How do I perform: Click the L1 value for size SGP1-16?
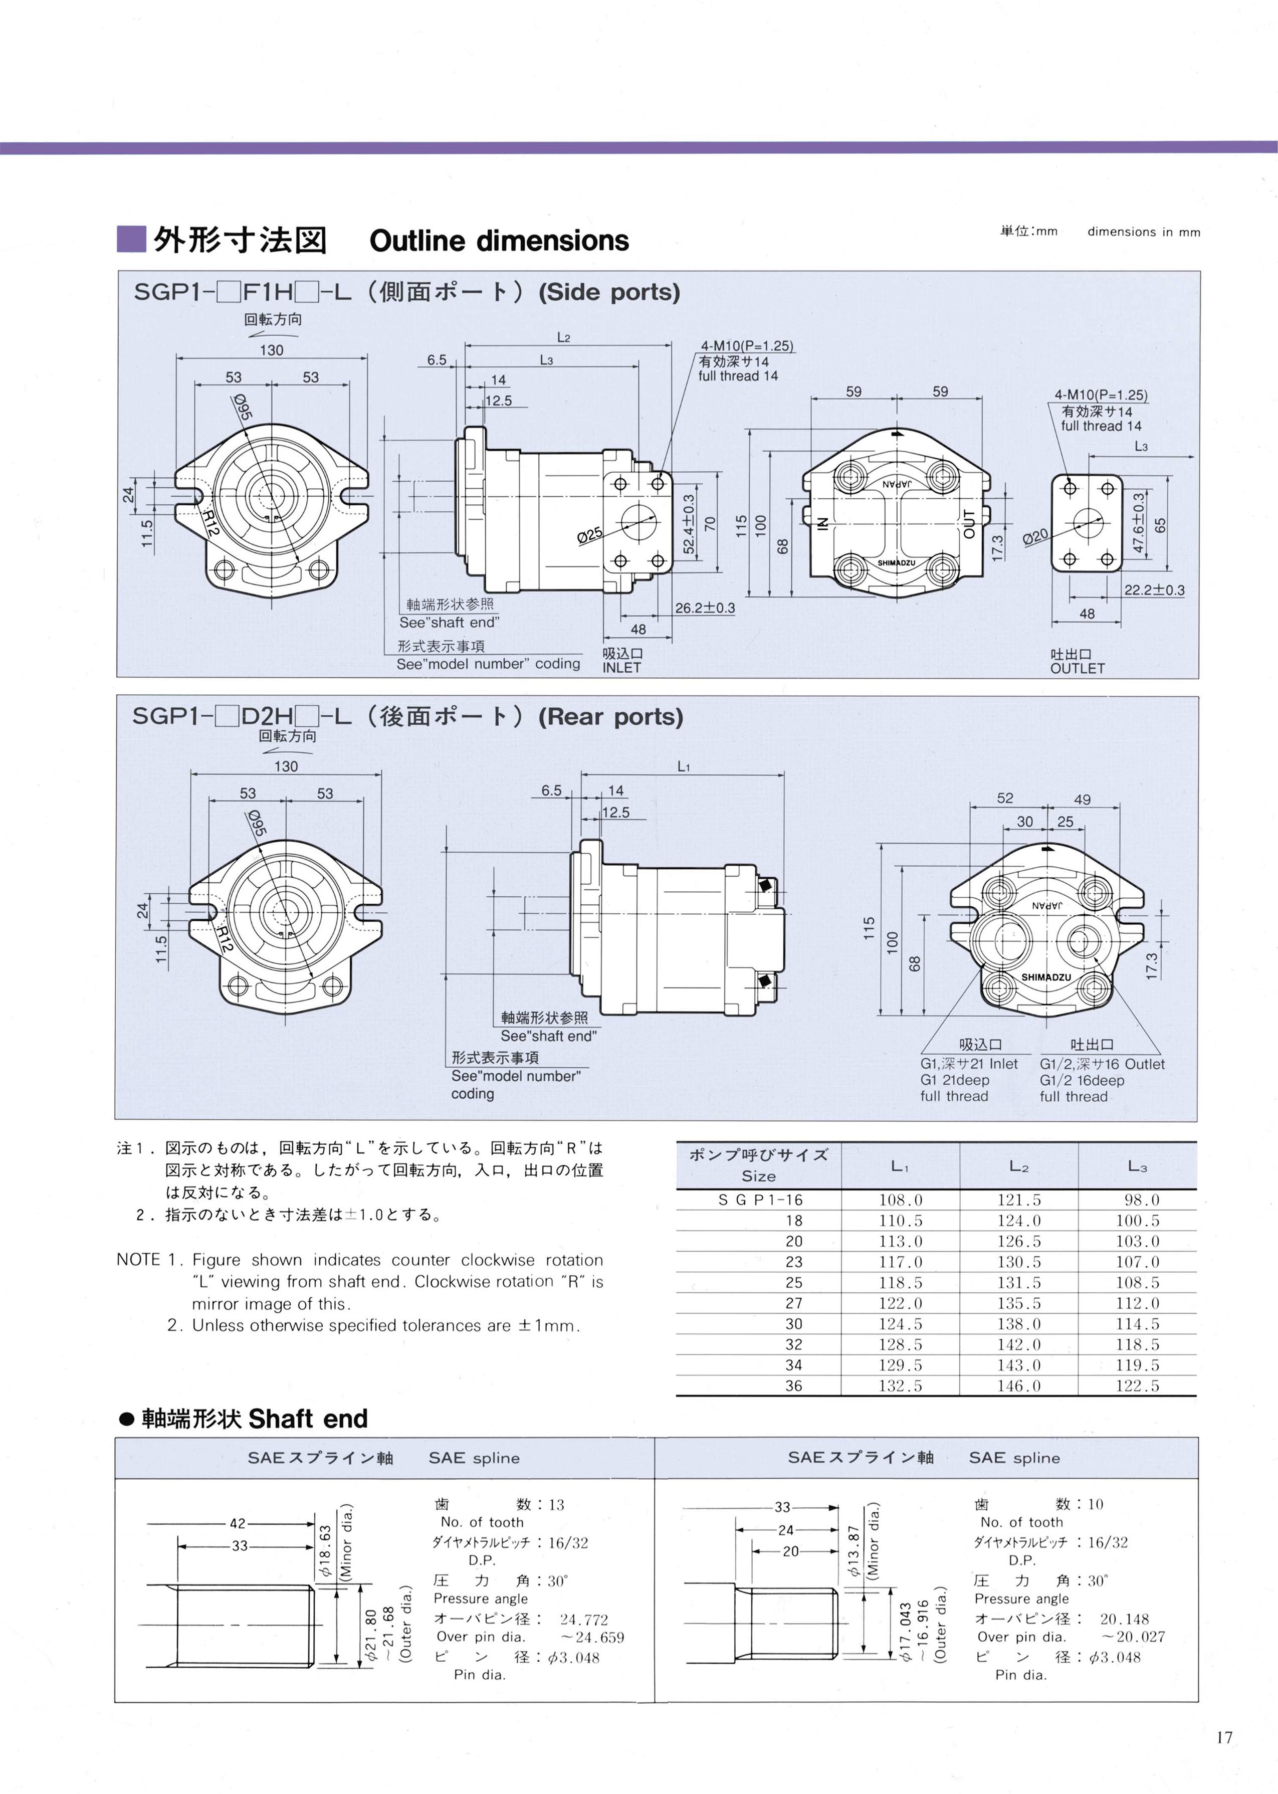pyautogui.click(x=900, y=1200)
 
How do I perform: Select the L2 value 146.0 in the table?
pyautogui.click(x=1019, y=1385)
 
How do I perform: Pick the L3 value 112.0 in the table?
pyautogui.click(x=1137, y=1303)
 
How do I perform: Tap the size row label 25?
pyautogui.click(x=794, y=1283)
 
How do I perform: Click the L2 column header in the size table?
pyautogui.click(x=1019, y=1166)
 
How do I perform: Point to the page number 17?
pyautogui.click(x=1224, y=1737)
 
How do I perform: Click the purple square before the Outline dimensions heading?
pyautogui.click(x=131, y=239)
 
